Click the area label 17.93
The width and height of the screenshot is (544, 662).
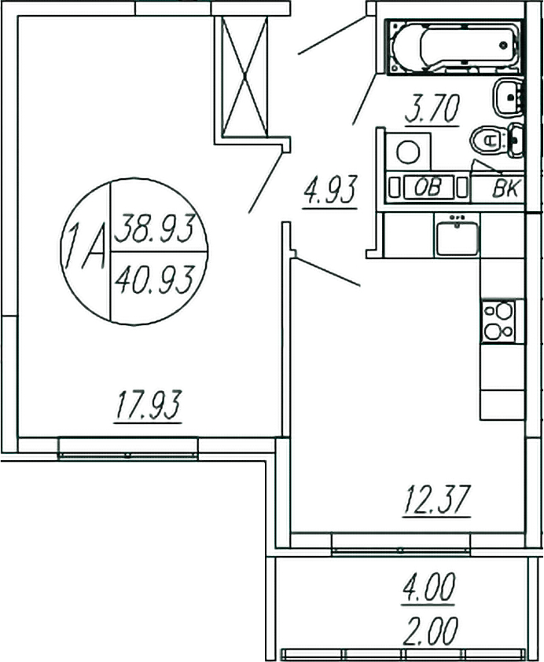tap(149, 407)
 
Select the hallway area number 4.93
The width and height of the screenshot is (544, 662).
tap(331, 191)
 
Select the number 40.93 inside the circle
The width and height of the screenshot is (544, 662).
tap(155, 278)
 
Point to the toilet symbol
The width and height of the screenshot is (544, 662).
tap(491, 141)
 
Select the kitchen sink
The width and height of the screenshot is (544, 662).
tap(457, 236)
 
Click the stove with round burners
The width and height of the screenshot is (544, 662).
tap(498, 321)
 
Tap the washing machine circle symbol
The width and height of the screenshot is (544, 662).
tap(407, 151)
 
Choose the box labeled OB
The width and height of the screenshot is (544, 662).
tap(427, 188)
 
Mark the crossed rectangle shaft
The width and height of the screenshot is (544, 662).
tap(244, 75)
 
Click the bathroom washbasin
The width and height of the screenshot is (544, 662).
tap(509, 97)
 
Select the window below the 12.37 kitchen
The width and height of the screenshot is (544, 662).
tap(400, 543)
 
